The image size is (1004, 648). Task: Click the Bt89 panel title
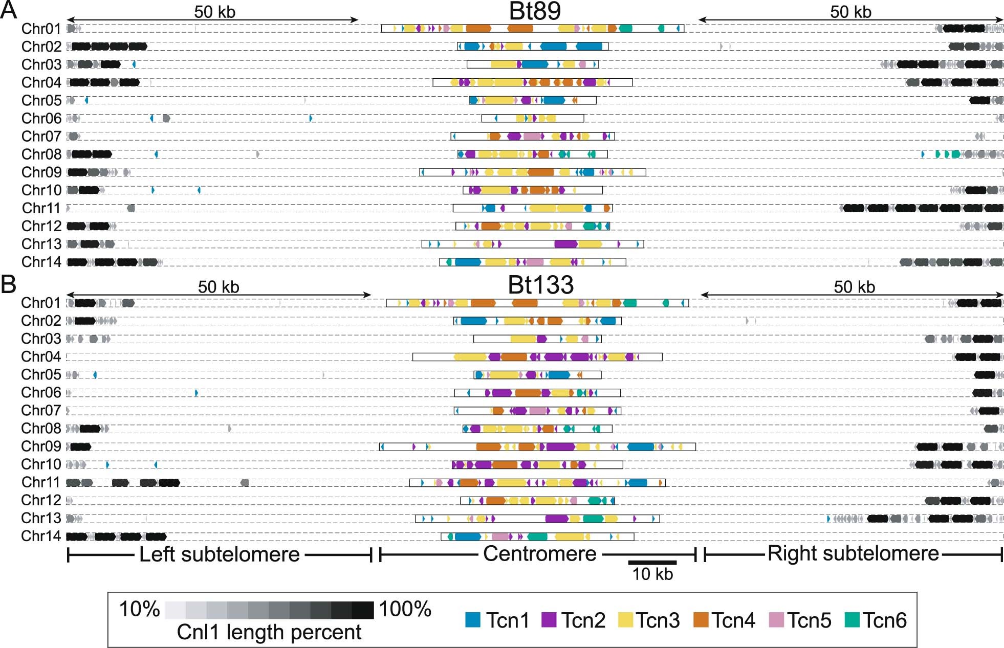pyautogui.click(x=535, y=11)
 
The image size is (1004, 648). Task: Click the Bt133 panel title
pyautogui.click(x=540, y=285)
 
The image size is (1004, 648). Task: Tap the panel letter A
pyautogui.click(x=9, y=10)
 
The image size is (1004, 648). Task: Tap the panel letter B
pyautogui.click(x=9, y=284)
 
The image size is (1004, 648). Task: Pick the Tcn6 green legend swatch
pyautogui.click(x=850, y=620)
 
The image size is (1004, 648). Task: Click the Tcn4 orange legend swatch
pyautogui.click(x=701, y=620)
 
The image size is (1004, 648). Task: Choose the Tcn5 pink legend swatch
pyautogui.click(x=776, y=620)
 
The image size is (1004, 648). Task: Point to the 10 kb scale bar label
pyautogui.click(x=652, y=574)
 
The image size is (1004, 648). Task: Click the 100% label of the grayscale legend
pyautogui.click(x=405, y=609)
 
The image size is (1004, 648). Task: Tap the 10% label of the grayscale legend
pyautogui.click(x=139, y=609)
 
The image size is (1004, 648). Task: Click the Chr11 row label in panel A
pyautogui.click(x=41, y=208)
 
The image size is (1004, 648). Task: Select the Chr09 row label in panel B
pyautogui.click(x=41, y=446)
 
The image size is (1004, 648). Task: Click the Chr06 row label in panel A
pyautogui.click(x=41, y=119)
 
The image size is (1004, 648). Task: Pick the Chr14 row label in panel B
pyautogui.click(x=41, y=536)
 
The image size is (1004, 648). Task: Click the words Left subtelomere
pyautogui.click(x=219, y=554)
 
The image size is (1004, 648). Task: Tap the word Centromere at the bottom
pyautogui.click(x=539, y=554)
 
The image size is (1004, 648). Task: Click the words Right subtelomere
pyautogui.click(x=853, y=554)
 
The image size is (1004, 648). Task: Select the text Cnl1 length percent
pyautogui.click(x=269, y=632)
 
